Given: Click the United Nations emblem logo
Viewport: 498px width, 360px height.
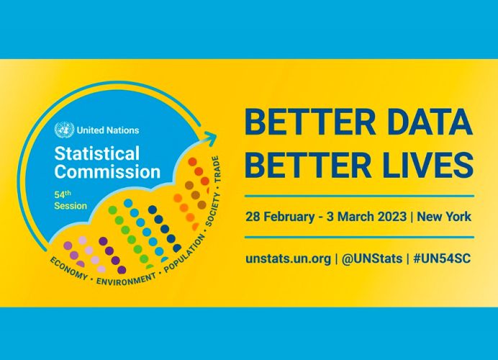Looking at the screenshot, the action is pos(65,130).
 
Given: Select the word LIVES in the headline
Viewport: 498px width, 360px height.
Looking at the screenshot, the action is pos(427,165).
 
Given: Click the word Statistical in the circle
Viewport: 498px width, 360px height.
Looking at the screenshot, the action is pos(97,153).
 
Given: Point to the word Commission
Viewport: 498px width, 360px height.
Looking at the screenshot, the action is pos(107,171).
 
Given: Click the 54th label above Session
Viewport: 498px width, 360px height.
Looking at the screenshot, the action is pos(62,194).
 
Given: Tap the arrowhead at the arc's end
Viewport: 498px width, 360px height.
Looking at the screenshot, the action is pos(210,140).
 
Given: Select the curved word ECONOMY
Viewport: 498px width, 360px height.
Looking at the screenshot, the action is pos(68,269).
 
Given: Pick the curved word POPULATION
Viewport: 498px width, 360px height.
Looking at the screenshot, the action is pos(184,253).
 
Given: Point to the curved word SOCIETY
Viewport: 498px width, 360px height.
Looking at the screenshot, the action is pos(213,209).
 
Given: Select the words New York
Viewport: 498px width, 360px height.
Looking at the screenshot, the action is pos(444,217).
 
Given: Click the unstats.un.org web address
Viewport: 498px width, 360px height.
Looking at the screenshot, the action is pos(288,258).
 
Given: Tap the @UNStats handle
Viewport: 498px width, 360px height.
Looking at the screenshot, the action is pos(372,258).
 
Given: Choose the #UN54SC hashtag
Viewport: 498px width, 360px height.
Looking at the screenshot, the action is pos(442,258).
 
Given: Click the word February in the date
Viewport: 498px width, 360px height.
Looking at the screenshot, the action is pos(289,217).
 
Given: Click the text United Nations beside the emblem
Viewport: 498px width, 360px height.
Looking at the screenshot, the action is pos(108,130).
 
